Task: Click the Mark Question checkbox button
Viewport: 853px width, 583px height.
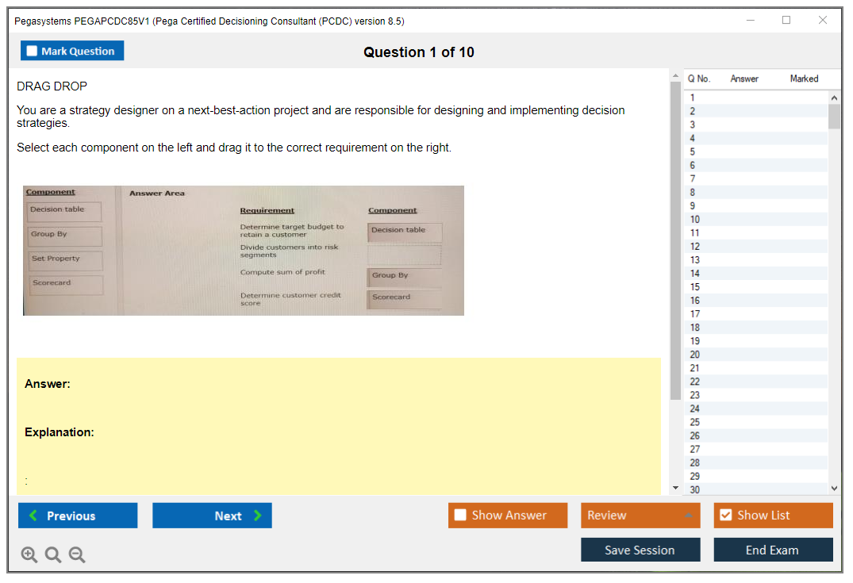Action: click(x=71, y=51)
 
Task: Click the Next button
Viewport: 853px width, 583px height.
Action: click(x=212, y=515)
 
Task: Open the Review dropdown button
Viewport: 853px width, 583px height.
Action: click(x=640, y=515)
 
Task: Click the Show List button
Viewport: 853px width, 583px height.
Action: click(x=773, y=515)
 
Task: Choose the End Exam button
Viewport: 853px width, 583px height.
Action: click(x=773, y=550)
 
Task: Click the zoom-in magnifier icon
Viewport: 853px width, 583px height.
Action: click(x=29, y=554)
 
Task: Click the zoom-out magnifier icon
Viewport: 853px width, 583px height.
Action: click(x=77, y=554)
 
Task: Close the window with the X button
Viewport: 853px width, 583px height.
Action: click(x=823, y=20)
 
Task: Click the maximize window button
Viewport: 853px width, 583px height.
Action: click(x=786, y=20)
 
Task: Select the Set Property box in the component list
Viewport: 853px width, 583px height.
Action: click(x=65, y=260)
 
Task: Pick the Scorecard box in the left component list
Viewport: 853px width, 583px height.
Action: click(x=65, y=285)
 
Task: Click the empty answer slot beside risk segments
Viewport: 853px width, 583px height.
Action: click(x=404, y=255)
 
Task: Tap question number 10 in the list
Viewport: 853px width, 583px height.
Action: click(x=694, y=219)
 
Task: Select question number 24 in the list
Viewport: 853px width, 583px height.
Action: click(x=694, y=408)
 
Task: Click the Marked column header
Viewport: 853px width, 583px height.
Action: click(x=804, y=79)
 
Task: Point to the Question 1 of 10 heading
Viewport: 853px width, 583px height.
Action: click(x=419, y=52)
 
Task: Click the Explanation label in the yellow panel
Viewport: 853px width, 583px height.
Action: click(x=60, y=432)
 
